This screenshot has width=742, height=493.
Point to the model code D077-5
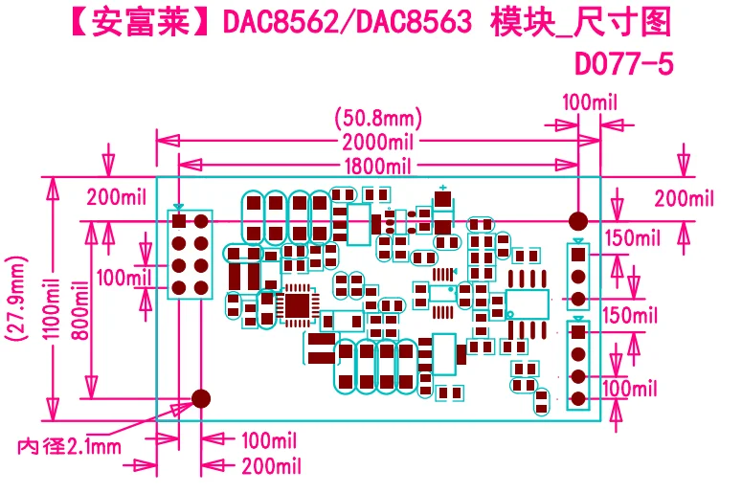[x=623, y=63]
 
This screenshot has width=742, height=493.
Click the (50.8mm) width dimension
[x=378, y=120]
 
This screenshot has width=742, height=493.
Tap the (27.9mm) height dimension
[x=14, y=297]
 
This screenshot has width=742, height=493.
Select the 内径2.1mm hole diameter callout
[x=71, y=446]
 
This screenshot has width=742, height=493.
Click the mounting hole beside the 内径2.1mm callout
[x=202, y=397]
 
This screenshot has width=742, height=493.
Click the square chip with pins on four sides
[x=299, y=304]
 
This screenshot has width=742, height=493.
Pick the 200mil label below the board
[x=272, y=466]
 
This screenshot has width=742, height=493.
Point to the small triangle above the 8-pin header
[x=178, y=207]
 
